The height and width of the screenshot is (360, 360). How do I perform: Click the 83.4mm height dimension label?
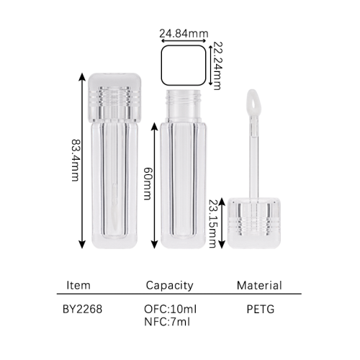coord(76,160)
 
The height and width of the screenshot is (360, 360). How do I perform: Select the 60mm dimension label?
coord(148,184)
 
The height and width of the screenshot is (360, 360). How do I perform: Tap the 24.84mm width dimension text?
coord(184,34)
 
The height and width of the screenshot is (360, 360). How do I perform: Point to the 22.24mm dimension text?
coord(217,66)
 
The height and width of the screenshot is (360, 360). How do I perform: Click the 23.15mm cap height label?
coord(212,223)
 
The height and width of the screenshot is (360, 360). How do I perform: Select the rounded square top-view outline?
coord(184,46)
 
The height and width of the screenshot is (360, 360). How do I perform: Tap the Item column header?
coord(78,285)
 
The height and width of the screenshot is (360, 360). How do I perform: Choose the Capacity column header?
coord(169,286)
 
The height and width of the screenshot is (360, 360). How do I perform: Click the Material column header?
coord(259,285)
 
